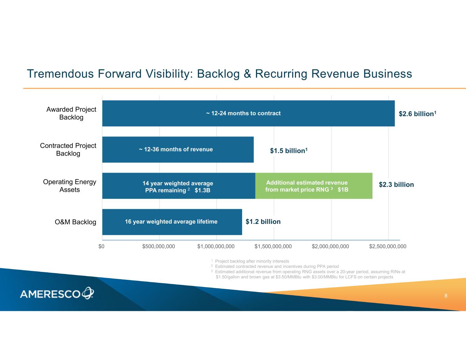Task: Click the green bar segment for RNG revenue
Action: click(314, 186)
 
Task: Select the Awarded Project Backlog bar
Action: click(248, 113)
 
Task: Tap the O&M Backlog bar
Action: click(172, 222)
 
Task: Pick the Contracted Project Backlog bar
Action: click(178, 149)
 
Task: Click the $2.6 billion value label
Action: click(417, 114)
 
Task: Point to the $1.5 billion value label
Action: click(289, 150)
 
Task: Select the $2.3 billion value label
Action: click(396, 185)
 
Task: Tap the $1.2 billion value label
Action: click(263, 221)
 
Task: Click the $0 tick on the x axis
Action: click(101, 246)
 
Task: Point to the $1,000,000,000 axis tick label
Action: click(216, 246)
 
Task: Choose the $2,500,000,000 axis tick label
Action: click(388, 246)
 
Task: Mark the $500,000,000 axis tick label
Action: click(158, 246)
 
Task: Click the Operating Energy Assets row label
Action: click(70, 186)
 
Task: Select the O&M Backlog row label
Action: click(75, 222)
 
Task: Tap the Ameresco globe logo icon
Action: click(88, 293)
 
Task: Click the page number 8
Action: click(446, 296)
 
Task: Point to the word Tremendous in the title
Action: click(60, 74)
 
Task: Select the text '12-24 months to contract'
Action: click(246, 113)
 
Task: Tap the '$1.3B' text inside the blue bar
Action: click(202, 190)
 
